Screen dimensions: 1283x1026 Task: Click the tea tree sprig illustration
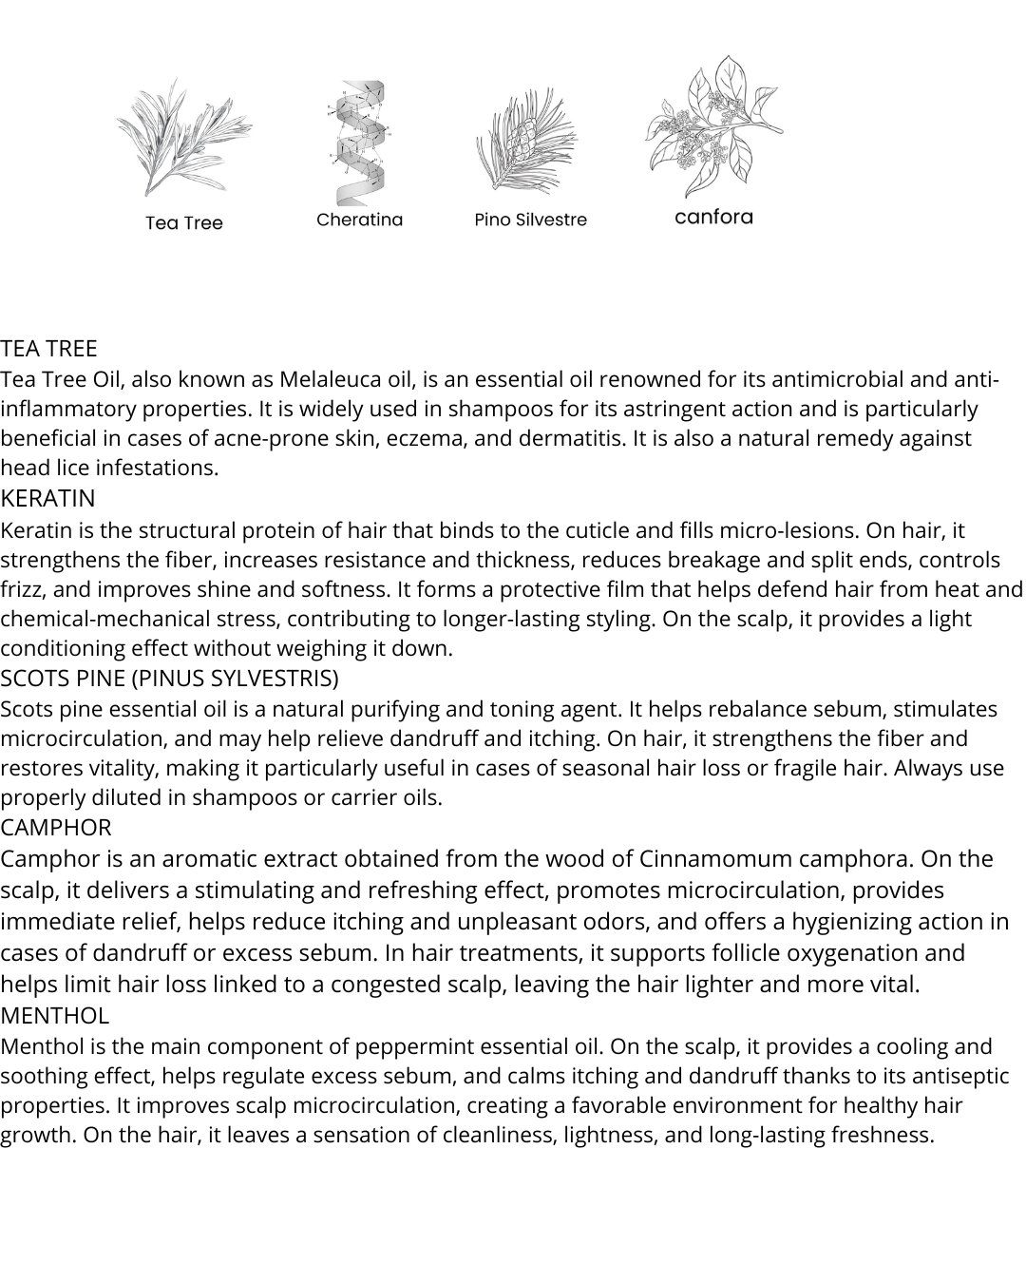183,138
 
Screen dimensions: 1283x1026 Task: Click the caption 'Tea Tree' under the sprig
184,223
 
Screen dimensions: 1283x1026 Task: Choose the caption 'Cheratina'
359,220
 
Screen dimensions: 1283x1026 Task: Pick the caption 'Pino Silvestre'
530,220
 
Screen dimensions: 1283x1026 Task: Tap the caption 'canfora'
713,217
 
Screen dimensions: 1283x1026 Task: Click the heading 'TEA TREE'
48,348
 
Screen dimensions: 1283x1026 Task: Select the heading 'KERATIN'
47,498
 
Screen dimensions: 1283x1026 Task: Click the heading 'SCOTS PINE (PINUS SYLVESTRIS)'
169,678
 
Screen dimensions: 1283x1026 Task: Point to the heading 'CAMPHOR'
55,827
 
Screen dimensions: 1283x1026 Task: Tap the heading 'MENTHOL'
54,1015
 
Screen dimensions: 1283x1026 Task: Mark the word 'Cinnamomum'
715,859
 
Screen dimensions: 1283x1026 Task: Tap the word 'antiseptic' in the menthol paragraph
959,1076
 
